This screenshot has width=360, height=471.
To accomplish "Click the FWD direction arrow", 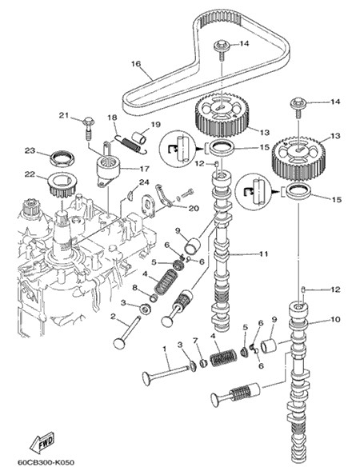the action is click(42, 443).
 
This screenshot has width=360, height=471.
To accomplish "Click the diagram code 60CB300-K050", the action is click(46, 462).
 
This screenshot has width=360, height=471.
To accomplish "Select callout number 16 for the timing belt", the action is click(136, 64).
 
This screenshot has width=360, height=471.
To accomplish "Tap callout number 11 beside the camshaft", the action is click(263, 253).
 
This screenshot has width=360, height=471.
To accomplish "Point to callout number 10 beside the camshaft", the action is click(335, 319).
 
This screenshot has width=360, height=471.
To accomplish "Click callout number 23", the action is click(30, 150).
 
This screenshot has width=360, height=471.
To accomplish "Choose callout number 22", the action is click(30, 174).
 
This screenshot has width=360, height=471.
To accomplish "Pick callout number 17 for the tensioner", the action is click(144, 169).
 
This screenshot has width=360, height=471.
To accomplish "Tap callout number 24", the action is click(144, 182).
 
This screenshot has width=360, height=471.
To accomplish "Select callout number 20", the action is click(194, 208).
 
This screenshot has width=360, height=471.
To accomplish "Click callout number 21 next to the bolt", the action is click(64, 115).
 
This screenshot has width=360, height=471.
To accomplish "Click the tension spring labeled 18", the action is click(131, 143).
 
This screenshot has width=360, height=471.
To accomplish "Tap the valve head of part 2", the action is click(118, 343).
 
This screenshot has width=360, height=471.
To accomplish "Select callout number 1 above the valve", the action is click(164, 349).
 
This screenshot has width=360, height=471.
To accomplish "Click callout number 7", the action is click(196, 341).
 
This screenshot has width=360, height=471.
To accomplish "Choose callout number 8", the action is click(134, 288).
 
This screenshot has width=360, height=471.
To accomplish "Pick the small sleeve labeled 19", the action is click(140, 137).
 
